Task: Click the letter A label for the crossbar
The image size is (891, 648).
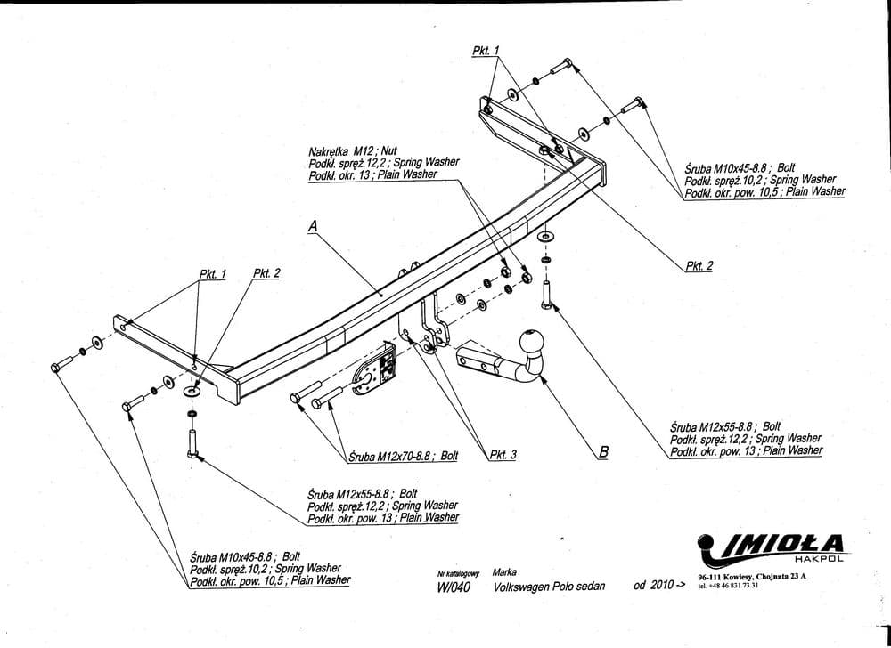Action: coord(313,227)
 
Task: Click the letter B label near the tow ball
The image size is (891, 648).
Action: coord(603,452)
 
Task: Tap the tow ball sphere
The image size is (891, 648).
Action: coord(531,342)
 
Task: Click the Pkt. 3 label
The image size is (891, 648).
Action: coord(503,455)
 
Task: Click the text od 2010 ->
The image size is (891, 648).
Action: coord(659,586)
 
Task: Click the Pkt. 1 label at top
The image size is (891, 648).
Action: coord(486,51)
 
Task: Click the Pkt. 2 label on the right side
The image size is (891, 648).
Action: coord(699,265)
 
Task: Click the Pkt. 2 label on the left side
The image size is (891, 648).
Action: coord(266,273)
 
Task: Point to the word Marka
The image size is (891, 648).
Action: coord(505,572)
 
